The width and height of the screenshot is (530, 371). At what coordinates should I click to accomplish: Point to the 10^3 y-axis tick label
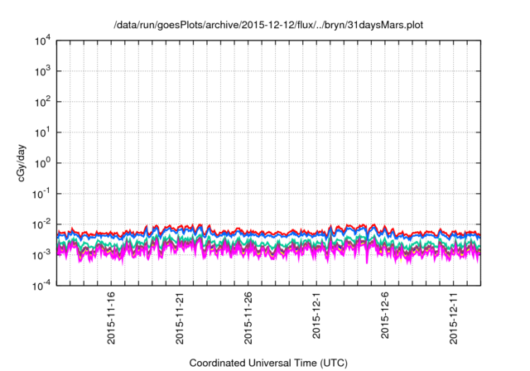[45, 71]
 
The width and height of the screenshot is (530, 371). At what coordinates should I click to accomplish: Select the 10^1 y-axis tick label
[45, 132]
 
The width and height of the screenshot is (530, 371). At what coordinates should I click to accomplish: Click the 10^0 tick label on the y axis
[45, 163]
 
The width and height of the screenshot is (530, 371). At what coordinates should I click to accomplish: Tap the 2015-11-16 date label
[112, 317]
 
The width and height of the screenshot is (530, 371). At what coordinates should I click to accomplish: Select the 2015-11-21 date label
[180, 317]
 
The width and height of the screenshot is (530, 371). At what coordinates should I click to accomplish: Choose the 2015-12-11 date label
[453, 317]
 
